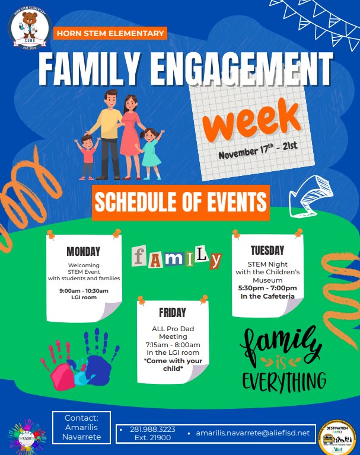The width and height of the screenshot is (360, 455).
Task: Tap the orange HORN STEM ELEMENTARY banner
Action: point(110,34)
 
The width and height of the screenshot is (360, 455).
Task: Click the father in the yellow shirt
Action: point(109,127)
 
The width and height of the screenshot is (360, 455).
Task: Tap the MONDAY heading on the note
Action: point(83,251)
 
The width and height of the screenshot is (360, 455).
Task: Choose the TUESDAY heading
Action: point(267,250)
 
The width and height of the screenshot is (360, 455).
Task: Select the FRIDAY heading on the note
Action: point(172,312)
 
